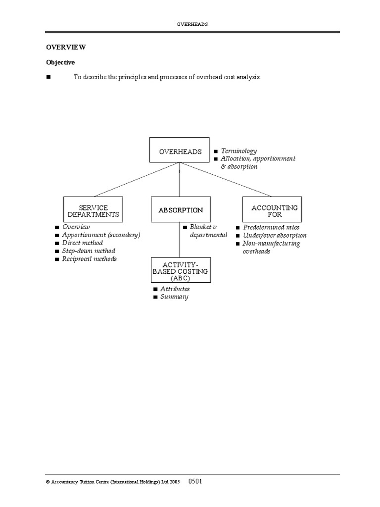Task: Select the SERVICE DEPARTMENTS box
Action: tap(93, 210)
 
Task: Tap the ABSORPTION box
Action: tap(181, 210)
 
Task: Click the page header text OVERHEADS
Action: tap(192, 23)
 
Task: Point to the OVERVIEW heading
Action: tap(66, 47)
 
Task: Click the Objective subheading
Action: tap(60, 62)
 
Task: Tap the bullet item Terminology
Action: tap(238, 151)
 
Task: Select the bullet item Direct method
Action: tap(82, 243)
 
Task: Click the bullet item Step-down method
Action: tap(88, 251)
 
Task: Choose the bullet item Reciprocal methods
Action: tap(89, 259)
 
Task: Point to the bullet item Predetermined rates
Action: tap(271, 227)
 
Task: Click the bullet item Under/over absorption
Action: tap(275, 235)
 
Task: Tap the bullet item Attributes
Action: tap(175, 289)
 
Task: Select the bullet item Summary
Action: tap(174, 297)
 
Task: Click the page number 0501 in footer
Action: tap(194, 481)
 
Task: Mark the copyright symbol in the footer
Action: tap(47, 482)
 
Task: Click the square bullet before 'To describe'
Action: tap(48, 77)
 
